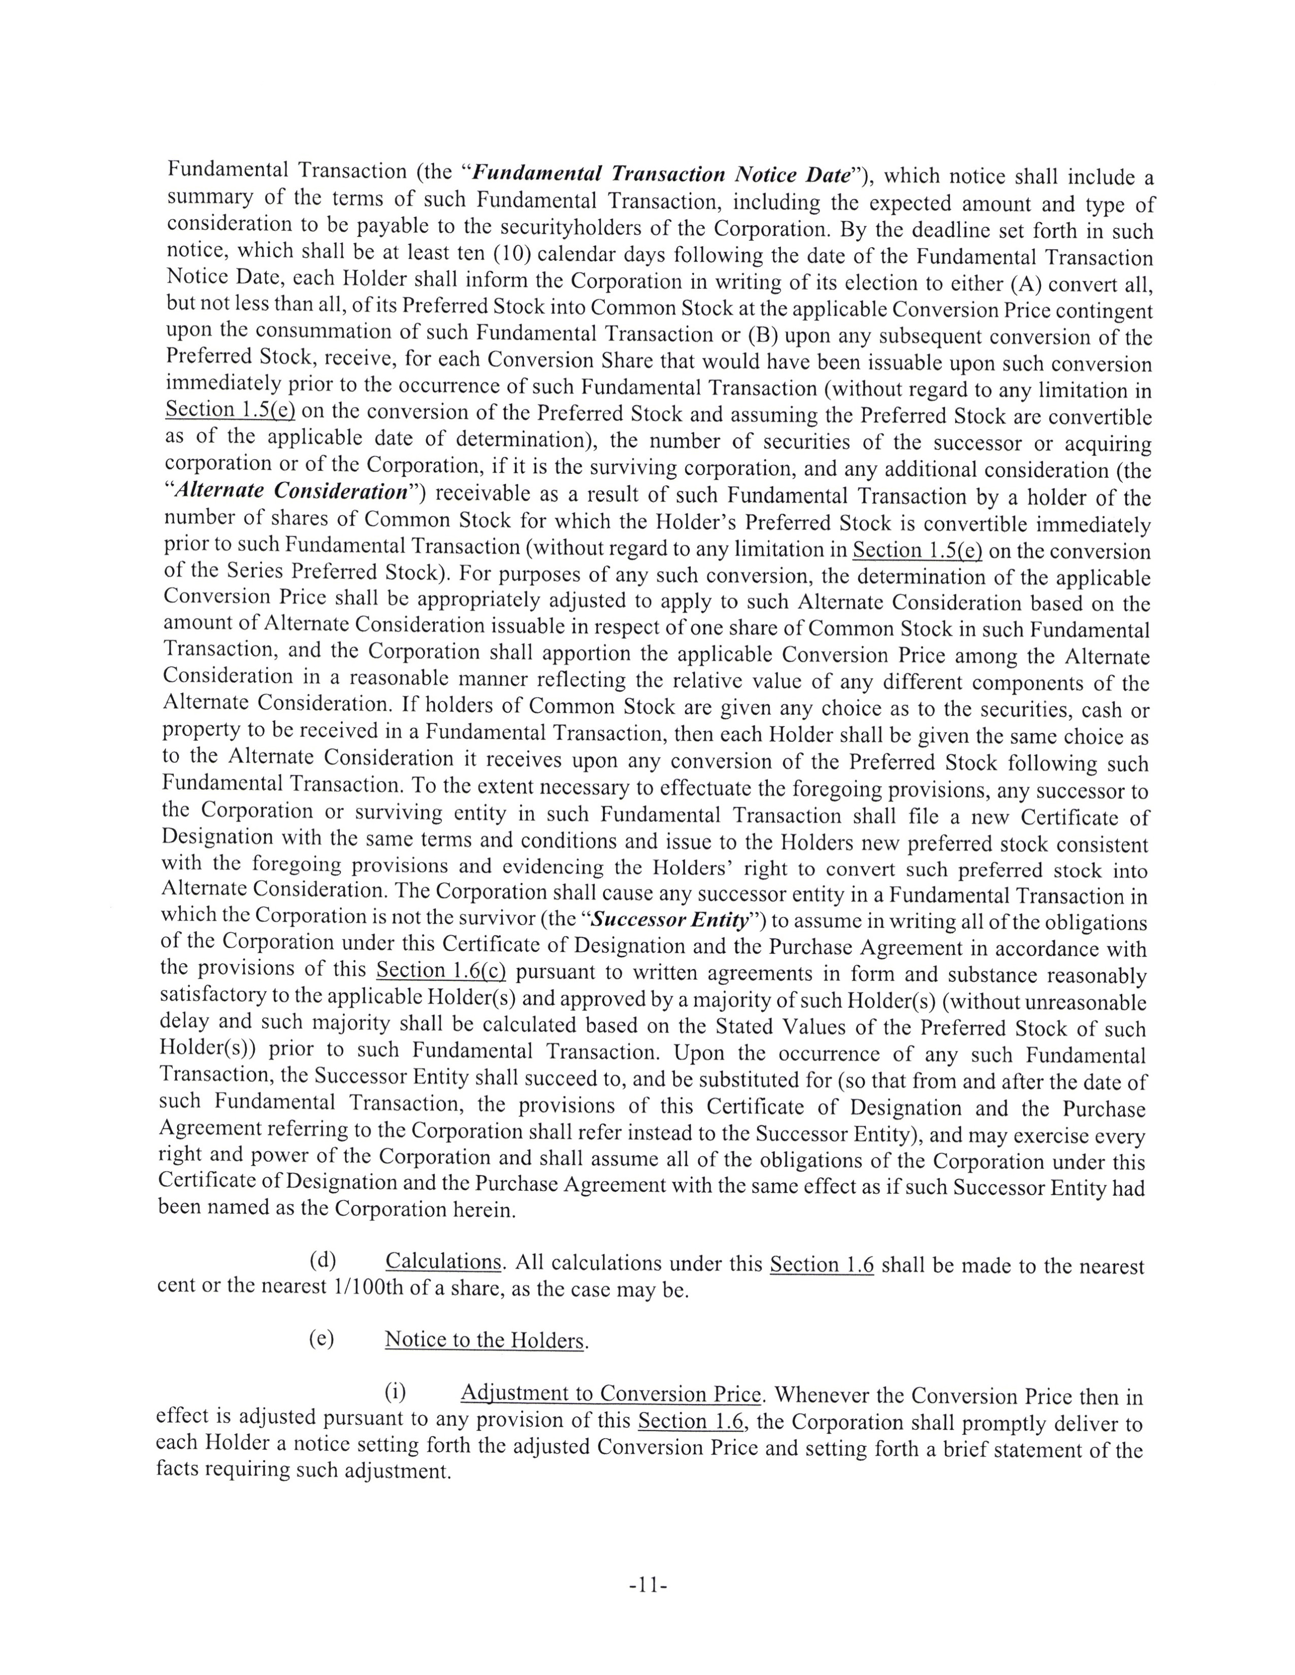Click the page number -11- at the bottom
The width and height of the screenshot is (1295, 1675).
(x=646, y=1585)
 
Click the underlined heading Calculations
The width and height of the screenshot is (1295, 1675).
(x=443, y=1262)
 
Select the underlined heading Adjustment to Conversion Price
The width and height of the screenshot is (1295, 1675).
(x=610, y=1393)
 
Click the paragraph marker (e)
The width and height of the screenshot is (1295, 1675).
(x=321, y=1339)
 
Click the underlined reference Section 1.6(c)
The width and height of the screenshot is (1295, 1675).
(x=440, y=971)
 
